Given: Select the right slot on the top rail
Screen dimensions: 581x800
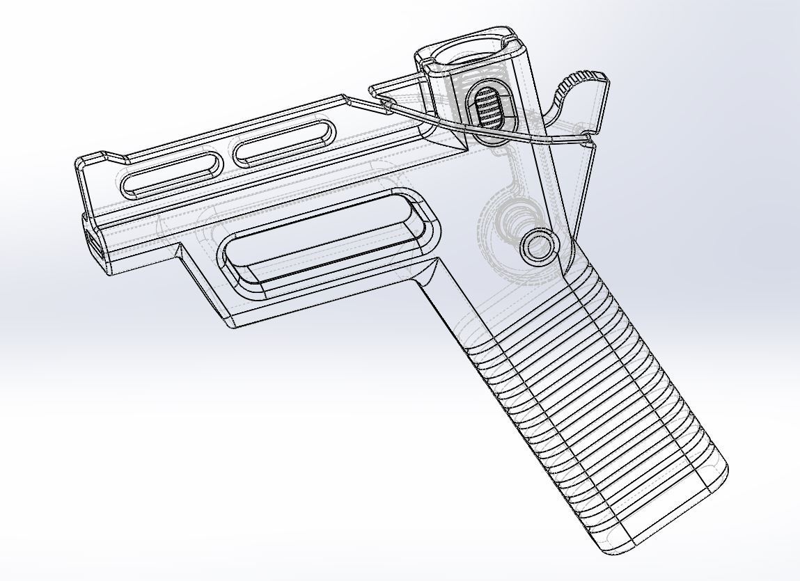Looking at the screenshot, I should tap(283, 142).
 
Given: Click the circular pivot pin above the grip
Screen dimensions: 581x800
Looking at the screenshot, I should tap(538, 246).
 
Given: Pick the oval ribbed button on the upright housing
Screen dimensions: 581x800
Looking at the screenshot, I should tap(492, 108).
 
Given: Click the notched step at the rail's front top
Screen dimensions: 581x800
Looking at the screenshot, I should tap(104, 155).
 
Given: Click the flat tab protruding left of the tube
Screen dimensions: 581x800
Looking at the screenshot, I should tap(390, 88).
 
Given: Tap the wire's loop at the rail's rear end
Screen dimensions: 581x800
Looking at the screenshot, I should tap(384, 106).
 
